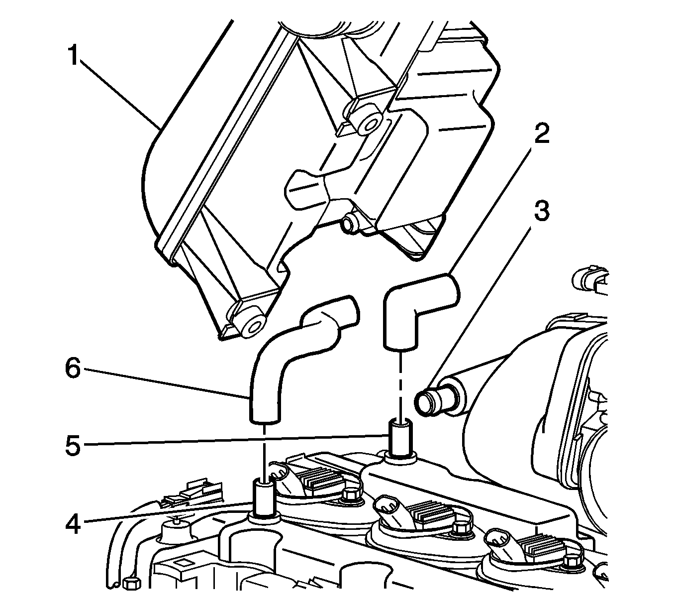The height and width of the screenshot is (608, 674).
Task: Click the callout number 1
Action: click(74, 55)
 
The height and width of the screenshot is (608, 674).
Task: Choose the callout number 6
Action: click(73, 368)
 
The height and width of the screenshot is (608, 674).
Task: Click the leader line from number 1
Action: click(119, 92)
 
